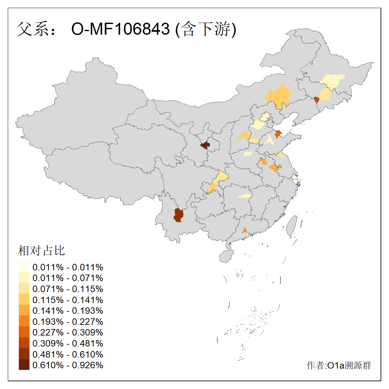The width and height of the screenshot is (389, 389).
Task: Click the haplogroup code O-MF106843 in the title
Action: point(120,29)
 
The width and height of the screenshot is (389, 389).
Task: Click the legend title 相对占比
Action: point(41,251)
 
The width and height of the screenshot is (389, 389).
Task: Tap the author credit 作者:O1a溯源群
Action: point(339,365)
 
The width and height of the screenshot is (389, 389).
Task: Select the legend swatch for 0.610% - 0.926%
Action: point(24,365)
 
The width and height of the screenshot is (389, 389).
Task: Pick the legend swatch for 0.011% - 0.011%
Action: point(24,267)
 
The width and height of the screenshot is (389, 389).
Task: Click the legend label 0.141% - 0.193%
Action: point(68,311)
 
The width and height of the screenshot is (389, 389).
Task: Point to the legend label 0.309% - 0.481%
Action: point(68,343)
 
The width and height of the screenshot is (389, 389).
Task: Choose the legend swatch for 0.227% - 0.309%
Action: point(24,332)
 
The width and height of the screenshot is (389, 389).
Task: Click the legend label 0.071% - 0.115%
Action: point(68,289)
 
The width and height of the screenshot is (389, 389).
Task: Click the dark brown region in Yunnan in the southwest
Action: point(178,215)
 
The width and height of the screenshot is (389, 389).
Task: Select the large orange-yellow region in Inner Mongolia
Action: point(278,96)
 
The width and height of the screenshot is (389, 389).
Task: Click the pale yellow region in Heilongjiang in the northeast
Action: point(332,81)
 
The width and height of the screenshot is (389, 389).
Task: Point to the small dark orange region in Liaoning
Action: point(317,100)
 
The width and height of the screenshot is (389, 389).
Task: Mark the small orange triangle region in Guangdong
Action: point(244,230)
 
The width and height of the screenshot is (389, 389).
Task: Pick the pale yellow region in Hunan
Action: point(245,196)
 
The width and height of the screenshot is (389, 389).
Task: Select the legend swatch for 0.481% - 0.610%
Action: point(24,354)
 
